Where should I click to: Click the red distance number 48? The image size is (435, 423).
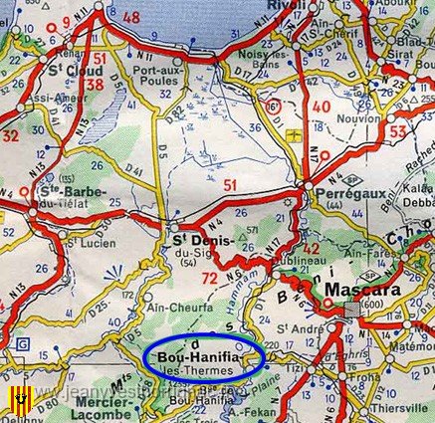130,17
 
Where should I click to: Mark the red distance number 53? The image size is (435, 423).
397,130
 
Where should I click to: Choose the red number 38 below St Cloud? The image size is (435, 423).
96,85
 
